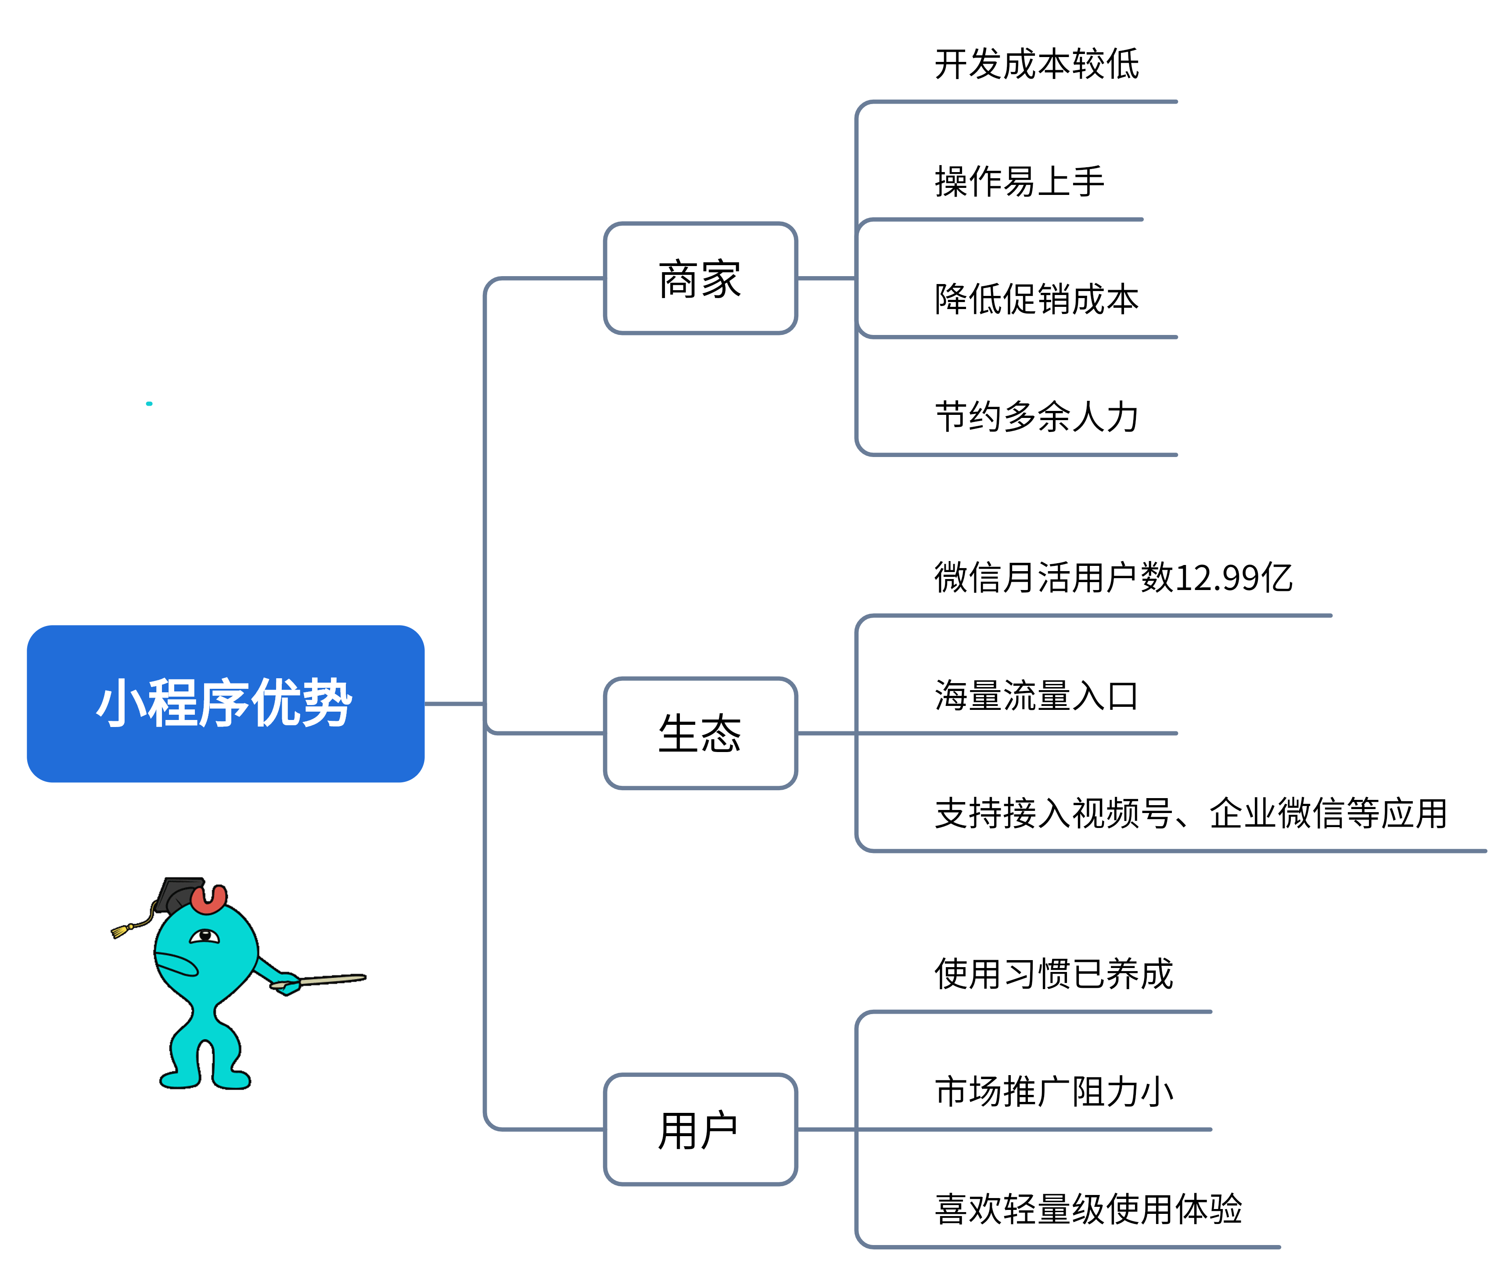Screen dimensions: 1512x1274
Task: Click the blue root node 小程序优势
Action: (225, 703)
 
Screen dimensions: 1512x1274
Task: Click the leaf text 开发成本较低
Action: (1036, 64)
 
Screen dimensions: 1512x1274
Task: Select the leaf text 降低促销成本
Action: (1036, 299)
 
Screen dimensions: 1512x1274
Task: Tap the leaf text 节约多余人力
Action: (1036, 417)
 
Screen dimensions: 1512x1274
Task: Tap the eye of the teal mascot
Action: (205, 936)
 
